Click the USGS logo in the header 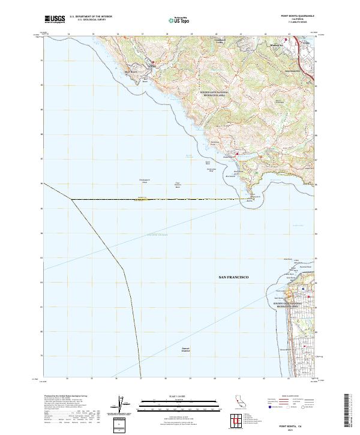[x=56, y=19]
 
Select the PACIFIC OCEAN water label [x=158, y=236]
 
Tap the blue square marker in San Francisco [x=304, y=289]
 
